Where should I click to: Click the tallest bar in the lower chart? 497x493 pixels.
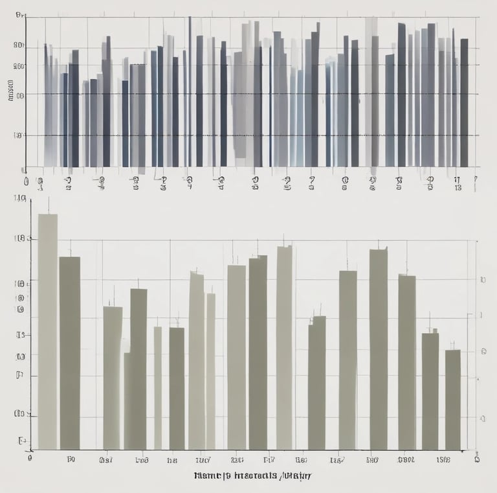point(47,330)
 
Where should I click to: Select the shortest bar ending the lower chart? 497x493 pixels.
point(452,399)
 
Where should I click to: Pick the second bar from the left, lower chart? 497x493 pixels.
point(70,352)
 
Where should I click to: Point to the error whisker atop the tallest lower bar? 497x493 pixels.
point(48,205)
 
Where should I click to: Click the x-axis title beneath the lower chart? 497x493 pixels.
point(252,476)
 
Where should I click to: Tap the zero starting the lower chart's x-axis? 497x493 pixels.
point(30,457)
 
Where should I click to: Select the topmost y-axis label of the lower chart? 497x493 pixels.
point(19,199)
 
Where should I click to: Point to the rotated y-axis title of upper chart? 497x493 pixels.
point(11,91)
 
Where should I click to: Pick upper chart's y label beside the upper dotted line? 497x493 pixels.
point(19,95)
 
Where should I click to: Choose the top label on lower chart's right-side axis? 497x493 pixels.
point(482,280)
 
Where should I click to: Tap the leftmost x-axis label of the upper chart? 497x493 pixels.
point(26,181)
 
